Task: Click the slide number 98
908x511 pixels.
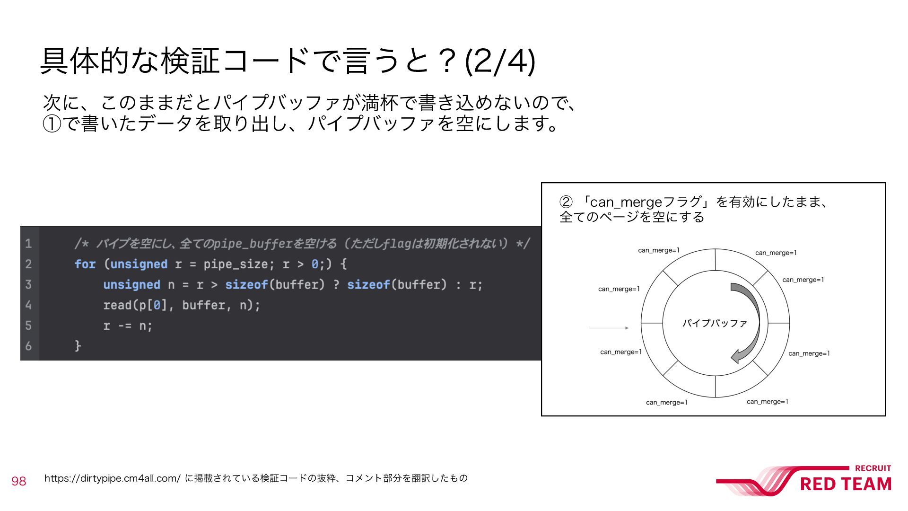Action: [19, 481]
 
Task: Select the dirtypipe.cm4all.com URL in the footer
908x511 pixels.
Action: [112, 478]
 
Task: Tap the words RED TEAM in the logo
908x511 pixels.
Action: [845, 485]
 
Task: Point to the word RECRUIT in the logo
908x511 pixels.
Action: [873, 468]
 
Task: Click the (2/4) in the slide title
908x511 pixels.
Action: [500, 61]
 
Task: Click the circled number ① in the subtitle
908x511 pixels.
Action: [52, 124]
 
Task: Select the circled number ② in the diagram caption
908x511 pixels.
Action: [566, 202]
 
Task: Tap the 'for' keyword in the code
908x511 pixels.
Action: [85, 264]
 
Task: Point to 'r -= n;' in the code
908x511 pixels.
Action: [128, 326]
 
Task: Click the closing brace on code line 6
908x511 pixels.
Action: [78, 346]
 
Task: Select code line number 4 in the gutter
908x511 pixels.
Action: [28, 305]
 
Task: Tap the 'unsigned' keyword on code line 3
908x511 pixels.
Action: [131, 285]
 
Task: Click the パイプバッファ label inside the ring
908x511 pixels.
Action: [714, 323]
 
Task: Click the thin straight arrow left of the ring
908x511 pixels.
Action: [609, 328]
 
